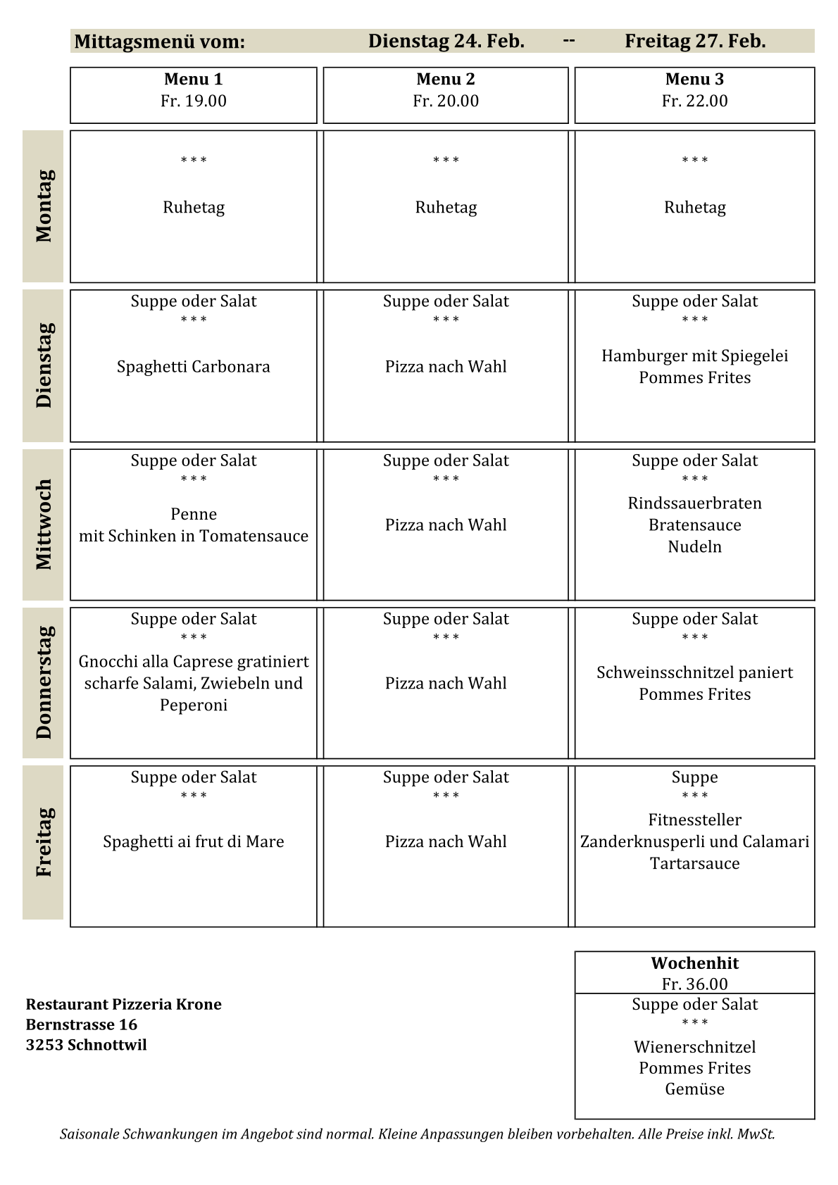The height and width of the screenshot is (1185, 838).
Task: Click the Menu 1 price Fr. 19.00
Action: (x=194, y=101)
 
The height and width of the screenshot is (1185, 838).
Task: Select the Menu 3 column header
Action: (x=694, y=80)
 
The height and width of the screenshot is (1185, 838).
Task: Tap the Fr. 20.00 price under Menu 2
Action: (x=446, y=101)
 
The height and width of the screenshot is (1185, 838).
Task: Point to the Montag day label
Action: (x=44, y=206)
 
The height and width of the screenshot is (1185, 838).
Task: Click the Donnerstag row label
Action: (x=44, y=682)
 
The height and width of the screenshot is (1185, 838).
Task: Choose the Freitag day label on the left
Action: (x=44, y=842)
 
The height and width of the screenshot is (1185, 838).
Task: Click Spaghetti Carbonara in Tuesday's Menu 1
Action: (x=194, y=367)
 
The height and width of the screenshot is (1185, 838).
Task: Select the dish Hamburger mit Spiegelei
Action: (x=694, y=356)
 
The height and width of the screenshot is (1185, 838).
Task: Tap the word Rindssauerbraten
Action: (x=694, y=503)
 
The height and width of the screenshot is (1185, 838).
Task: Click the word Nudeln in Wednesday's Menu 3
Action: (x=694, y=546)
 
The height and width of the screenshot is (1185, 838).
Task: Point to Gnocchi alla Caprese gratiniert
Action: (x=194, y=662)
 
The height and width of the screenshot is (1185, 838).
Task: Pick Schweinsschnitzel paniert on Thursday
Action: (x=694, y=672)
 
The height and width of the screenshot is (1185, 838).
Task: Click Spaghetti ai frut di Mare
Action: (x=194, y=842)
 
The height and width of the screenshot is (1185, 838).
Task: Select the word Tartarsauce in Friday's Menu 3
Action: (x=694, y=863)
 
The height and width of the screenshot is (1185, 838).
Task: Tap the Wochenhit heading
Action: (x=694, y=963)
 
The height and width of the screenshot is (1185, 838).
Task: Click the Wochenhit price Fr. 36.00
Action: (x=694, y=984)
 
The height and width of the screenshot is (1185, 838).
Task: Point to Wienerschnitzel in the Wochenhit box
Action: (x=694, y=1047)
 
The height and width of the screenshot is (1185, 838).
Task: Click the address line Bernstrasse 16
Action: (x=82, y=1024)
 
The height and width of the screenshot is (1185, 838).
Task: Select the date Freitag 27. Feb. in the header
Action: (x=695, y=42)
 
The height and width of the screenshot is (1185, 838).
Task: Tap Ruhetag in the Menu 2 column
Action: (x=446, y=208)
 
